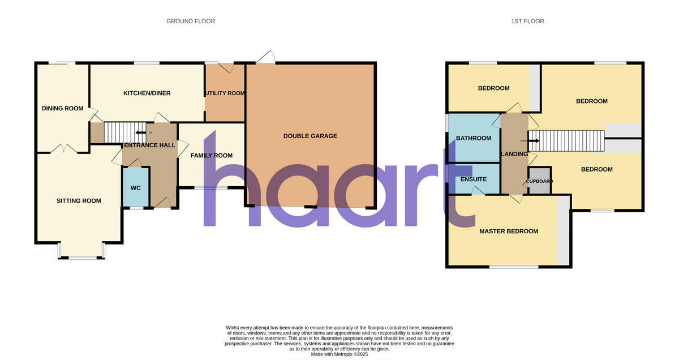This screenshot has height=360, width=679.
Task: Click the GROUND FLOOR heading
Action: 191,22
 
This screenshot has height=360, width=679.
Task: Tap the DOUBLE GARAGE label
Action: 310,136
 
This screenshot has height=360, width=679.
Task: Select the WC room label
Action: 136,188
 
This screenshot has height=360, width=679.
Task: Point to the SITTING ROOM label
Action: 79,201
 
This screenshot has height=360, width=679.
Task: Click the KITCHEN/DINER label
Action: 147,93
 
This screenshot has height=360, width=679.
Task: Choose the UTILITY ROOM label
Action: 225,93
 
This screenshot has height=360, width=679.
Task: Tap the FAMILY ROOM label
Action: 212,156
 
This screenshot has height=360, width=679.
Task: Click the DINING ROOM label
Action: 63,109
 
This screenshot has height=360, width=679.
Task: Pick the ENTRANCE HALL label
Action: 149,145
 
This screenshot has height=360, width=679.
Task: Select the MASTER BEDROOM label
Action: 509,232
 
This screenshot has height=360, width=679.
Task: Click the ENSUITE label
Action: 474,179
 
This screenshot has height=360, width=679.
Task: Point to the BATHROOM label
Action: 474,138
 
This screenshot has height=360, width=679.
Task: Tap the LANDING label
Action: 514,154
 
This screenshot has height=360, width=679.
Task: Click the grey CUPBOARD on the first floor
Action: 539,181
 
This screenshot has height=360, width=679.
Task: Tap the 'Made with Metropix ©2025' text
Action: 339,354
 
